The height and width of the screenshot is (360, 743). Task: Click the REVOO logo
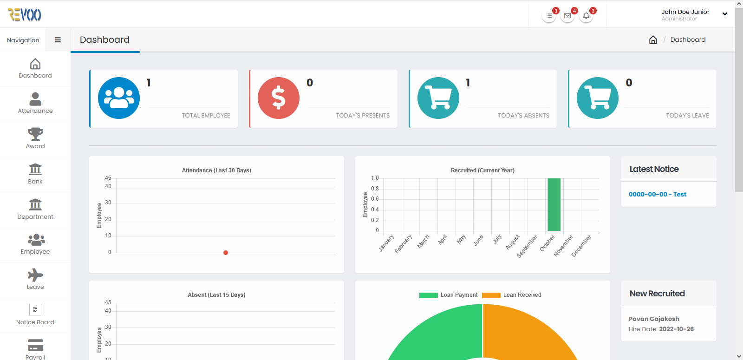point(25,14)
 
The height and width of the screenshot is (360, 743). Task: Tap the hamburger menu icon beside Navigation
point(58,40)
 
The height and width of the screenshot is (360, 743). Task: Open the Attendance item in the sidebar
point(35,103)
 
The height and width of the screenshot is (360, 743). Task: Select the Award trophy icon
point(35,134)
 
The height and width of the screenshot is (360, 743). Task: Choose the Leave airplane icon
point(35,275)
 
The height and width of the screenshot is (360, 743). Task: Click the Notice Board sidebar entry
point(35,315)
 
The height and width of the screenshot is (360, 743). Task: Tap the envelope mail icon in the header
point(567,16)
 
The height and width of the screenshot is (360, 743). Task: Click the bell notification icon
point(586,16)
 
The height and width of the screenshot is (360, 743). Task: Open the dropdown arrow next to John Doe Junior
point(725,14)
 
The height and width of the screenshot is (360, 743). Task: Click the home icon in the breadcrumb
point(653,40)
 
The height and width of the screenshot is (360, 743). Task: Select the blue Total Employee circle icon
point(119,98)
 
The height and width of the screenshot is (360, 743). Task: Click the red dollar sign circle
point(278,98)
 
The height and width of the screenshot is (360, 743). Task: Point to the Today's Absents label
point(523,116)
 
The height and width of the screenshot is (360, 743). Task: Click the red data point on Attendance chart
point(226,253)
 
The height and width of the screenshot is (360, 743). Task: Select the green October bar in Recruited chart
point(554,205)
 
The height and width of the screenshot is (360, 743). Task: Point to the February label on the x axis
point(404,244)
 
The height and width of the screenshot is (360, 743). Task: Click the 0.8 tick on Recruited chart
point(375,189)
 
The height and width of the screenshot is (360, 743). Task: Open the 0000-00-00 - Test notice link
point(658,195)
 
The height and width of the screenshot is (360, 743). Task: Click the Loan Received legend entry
point(511,295)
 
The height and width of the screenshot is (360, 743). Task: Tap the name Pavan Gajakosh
point(654,319)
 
